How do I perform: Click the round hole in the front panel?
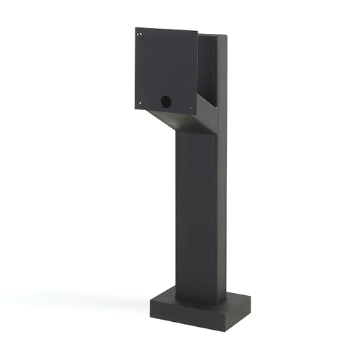click(166, 102)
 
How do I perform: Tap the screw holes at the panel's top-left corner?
click(138, 32)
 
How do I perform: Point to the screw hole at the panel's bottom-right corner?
click(191, 109)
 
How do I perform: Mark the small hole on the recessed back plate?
click(213, 44)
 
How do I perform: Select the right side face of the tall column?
click(219, 209)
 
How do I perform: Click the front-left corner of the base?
click(150, 301)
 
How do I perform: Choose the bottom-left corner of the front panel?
click(134, 109)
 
